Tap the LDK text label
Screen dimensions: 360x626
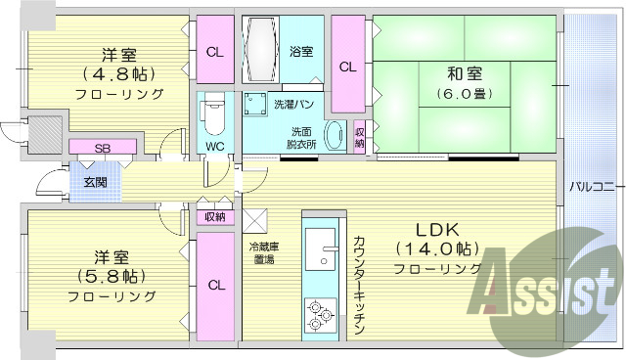click(x=434, y=230)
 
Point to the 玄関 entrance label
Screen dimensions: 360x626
click(x=95, y=182)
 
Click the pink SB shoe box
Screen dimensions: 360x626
click(x=102, y=148)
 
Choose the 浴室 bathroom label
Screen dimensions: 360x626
click(x=301, y=51)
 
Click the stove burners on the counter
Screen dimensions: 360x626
click(x=320, y=313)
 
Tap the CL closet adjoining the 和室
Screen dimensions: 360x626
click(x=347, y=67)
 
